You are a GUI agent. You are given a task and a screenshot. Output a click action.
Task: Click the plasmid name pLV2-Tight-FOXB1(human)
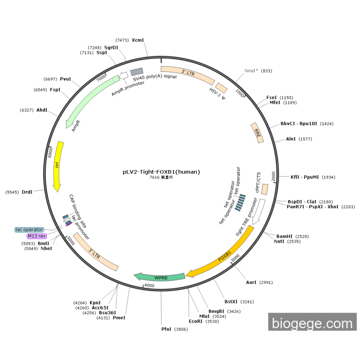coord(161,172)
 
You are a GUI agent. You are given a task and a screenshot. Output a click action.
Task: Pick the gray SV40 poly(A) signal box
coord(137,71)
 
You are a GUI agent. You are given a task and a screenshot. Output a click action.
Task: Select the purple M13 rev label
coord(37,236)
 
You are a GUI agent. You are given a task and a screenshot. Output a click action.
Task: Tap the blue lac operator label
coord(29,229)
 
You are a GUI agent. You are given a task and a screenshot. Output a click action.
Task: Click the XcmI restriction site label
coord(138,40)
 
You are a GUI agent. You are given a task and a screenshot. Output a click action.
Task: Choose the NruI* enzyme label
coord(251,70)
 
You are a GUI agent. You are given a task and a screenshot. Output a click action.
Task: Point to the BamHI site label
coord(284,236)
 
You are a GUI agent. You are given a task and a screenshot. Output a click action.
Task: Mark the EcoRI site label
coord(196,321)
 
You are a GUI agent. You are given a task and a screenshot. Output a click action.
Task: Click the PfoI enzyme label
coord(166,329)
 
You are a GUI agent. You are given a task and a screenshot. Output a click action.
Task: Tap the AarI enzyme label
coord(251,282)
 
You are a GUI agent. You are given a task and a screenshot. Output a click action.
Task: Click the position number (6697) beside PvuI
coord(50,79)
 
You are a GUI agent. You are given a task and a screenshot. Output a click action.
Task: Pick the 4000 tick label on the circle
coord(149,285)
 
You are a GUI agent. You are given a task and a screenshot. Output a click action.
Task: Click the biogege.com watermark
coord(312,323)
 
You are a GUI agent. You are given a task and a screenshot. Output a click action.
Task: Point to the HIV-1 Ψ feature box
coord(222,88)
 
